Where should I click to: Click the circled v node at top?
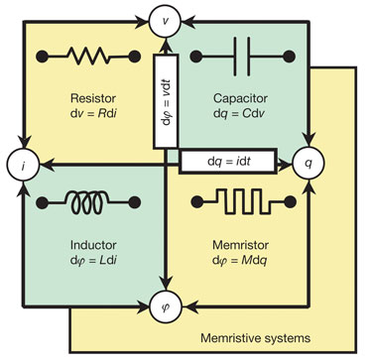tap(167, 17)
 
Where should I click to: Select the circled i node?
tap(17, 160)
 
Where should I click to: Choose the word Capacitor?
tap(240, 98)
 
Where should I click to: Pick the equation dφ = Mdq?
tap(240, 260)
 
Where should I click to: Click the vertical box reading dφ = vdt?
tap(167, 103)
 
